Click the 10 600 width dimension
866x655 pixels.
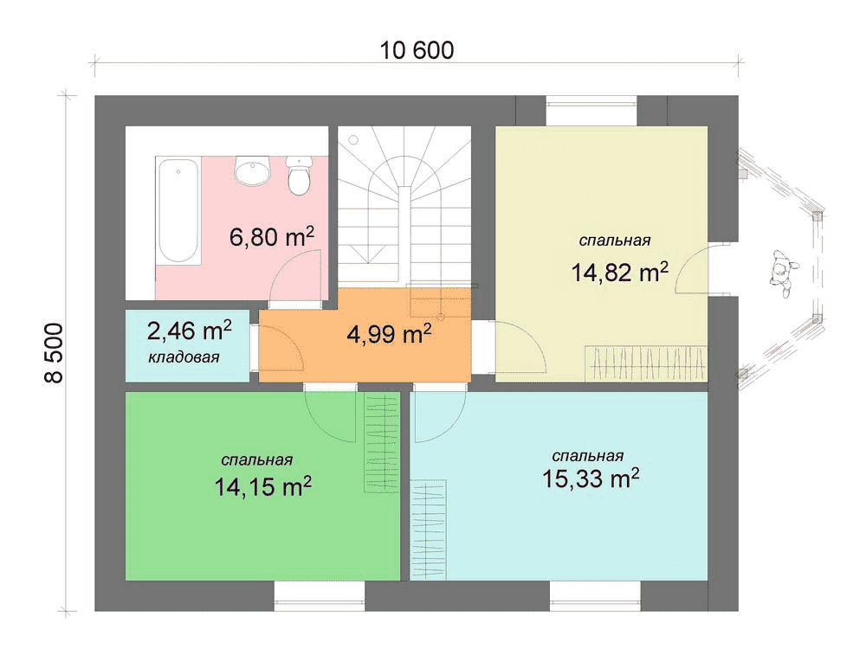[x=417, y=51]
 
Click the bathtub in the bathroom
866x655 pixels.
[x=178, y=210]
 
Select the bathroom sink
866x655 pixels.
[x=252, y=170]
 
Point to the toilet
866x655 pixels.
[x=299, y=175]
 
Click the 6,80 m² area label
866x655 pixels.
[x=272, y=237]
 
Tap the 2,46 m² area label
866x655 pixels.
[x=189, y=331]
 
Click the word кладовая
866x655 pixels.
[x=184, y=357]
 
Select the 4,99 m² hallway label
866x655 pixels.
[x=389, y=334]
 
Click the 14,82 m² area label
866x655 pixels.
[x=619, y=272]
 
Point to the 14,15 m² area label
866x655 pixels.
[x=263, y=486]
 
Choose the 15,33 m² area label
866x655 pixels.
[x=591, y=478]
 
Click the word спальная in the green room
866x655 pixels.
[x=257, y=459]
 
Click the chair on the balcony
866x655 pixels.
[x=781, y=273]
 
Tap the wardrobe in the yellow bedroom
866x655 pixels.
[x=646, y=363]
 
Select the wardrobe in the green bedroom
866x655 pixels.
[x=382, y=442]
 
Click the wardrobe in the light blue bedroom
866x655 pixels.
[x=428, y=530]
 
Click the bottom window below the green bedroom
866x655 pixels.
[x=320, y=596]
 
